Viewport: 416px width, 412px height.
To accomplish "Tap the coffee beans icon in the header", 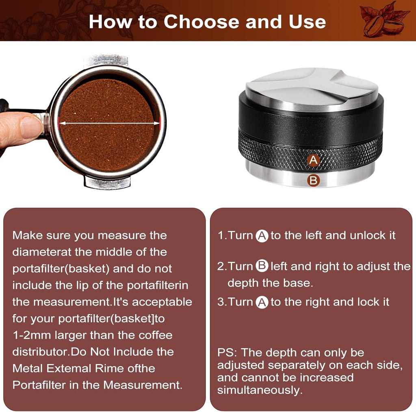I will coord(383,20).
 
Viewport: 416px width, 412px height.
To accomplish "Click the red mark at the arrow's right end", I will coord(160,121).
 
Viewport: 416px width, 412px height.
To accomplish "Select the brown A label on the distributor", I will coord(313,160).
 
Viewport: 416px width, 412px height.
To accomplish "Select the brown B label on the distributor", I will coord(313,180).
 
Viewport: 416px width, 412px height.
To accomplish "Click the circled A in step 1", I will coord(262,236).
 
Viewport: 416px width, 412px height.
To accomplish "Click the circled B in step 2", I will coord(262,267).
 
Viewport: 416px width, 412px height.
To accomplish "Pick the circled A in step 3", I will coord(262,302).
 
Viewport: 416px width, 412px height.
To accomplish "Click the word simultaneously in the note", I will coord(260,390).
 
